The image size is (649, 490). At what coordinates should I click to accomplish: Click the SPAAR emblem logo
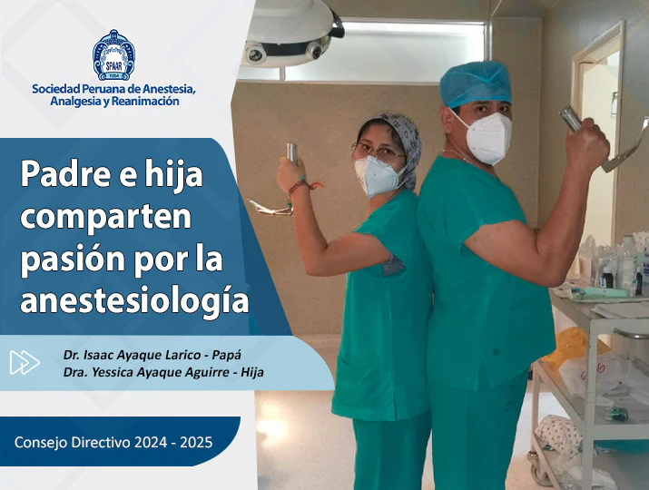(x=113, y=55)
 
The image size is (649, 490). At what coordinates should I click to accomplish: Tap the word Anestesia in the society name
(x=169, y=89)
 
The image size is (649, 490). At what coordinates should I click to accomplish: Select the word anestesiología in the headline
(x=134, y=300)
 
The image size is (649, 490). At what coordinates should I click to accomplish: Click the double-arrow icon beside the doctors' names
(x=25, y=363)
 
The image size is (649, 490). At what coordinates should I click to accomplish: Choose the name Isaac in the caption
(x=99, y=355)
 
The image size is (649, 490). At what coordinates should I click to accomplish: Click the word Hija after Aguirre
(x=252, y=372)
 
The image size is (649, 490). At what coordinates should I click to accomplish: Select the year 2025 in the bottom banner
(x=198, y=443)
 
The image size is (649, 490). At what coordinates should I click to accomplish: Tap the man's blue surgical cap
(x=475, y=84)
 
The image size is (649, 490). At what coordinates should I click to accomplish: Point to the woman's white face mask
(x=378, y=176)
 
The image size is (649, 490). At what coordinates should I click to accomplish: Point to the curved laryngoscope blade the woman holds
(x=270, y=207)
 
